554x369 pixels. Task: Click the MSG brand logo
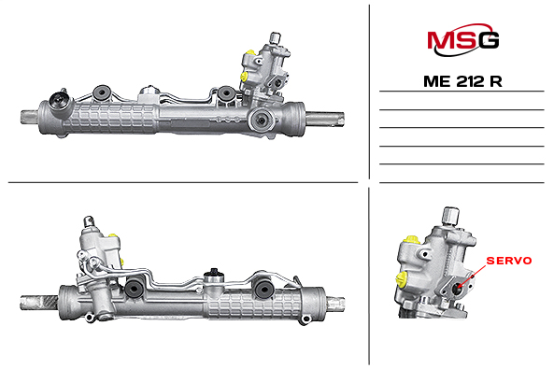click(x=462, y=40)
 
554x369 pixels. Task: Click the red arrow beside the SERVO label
click(x=476, y=273)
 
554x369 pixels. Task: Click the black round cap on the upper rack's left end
click(x=63, y=102)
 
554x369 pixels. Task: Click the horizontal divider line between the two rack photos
click(x=182, y=181)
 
